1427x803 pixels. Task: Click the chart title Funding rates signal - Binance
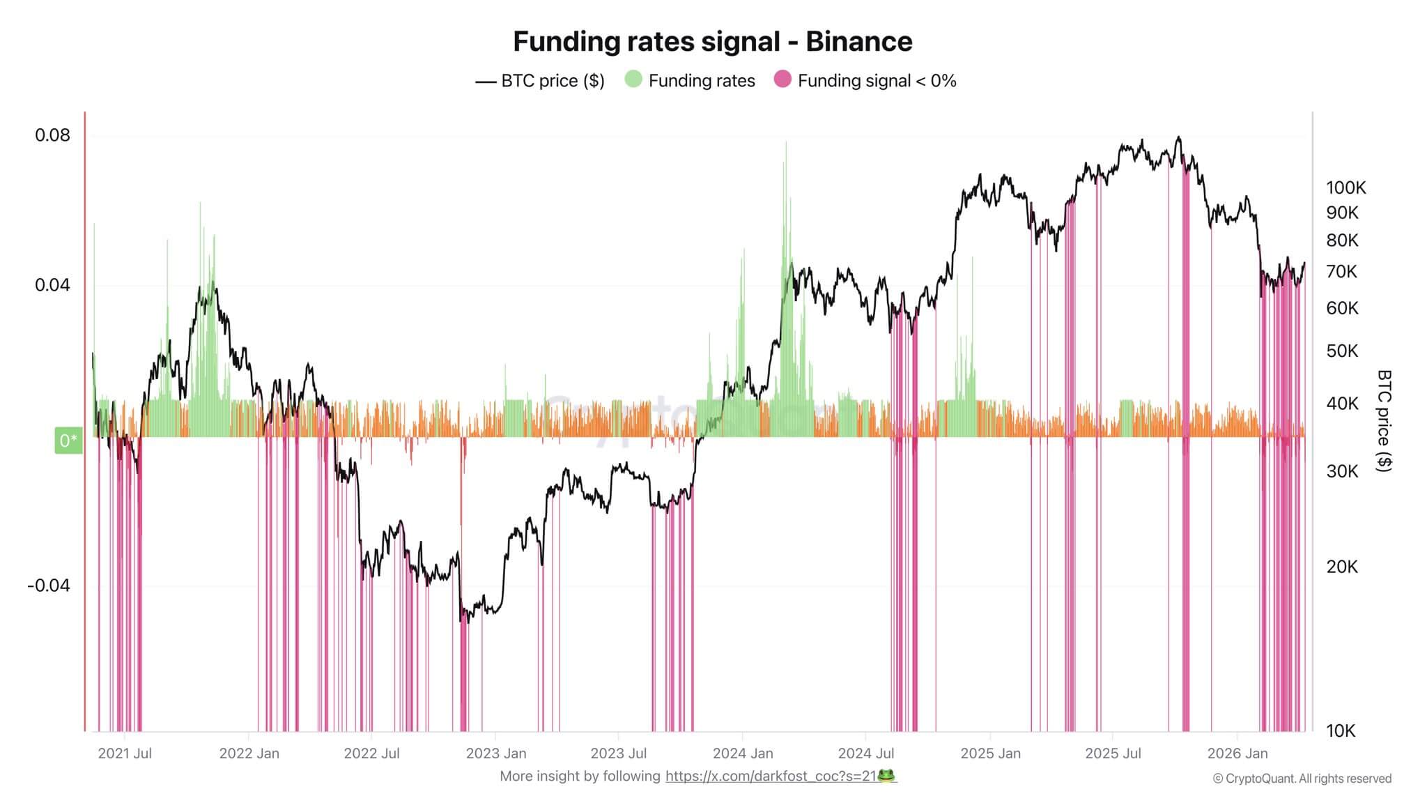click(x=712, y=42)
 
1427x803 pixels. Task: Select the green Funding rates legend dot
click(x=633, y=79)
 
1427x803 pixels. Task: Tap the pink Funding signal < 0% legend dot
click(x=782, y=79)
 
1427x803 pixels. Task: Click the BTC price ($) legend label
click(x=553, y=81)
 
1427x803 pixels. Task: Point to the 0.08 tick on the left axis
click(x=53, y=135)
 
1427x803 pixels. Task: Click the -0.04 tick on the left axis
click(x=49, y=585)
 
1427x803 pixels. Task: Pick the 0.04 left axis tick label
click(x=53, y=285)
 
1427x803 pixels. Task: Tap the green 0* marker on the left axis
click(x=68, y=441)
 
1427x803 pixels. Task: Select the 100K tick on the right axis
click(x=1345, y=188)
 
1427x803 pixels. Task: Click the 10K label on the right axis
click(x=1341, y=731)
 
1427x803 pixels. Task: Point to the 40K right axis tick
click(x=1342, y=403)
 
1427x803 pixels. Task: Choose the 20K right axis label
click(x=1342, y=567)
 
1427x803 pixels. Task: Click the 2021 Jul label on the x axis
click(x=125, y=754)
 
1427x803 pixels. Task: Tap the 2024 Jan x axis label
click(x=743, y=754)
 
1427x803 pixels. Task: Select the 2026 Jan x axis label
click(x=1237, y=754)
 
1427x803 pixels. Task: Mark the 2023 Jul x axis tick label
click(x=618, y=754)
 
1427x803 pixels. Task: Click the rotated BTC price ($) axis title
click(x=1384, y=420)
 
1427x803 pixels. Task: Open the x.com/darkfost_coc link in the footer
click(x=771, y=776)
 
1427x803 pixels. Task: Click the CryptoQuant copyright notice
click(x=1302, y=779)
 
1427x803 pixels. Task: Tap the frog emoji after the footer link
click(x=886, y=775)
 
